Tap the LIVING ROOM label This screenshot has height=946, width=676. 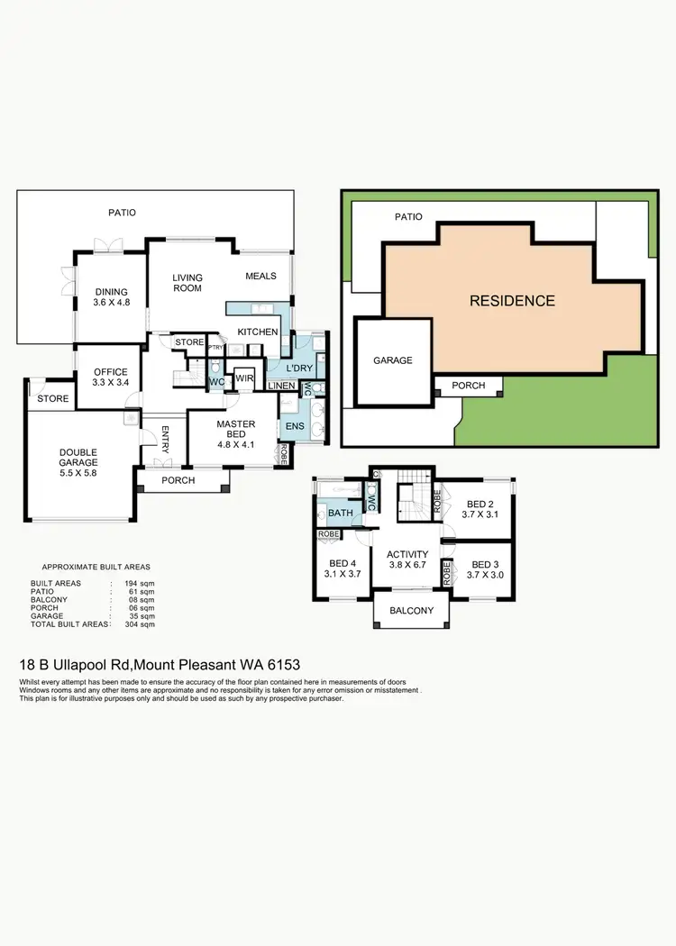click(x=187, y=283)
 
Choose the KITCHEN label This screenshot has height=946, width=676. click(x=258, y=332)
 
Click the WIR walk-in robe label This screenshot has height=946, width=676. click(x=244, y=377)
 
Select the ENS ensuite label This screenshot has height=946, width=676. click(x=294, y=425)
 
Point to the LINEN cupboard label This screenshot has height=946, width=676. click(x=280, y=387)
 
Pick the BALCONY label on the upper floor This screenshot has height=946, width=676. click(x=411, y=611)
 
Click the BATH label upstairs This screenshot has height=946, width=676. click(x=341, y=514)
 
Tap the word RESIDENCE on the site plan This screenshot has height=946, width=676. click(x=512, y=300)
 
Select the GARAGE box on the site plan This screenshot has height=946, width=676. click(x=393, y=360)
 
